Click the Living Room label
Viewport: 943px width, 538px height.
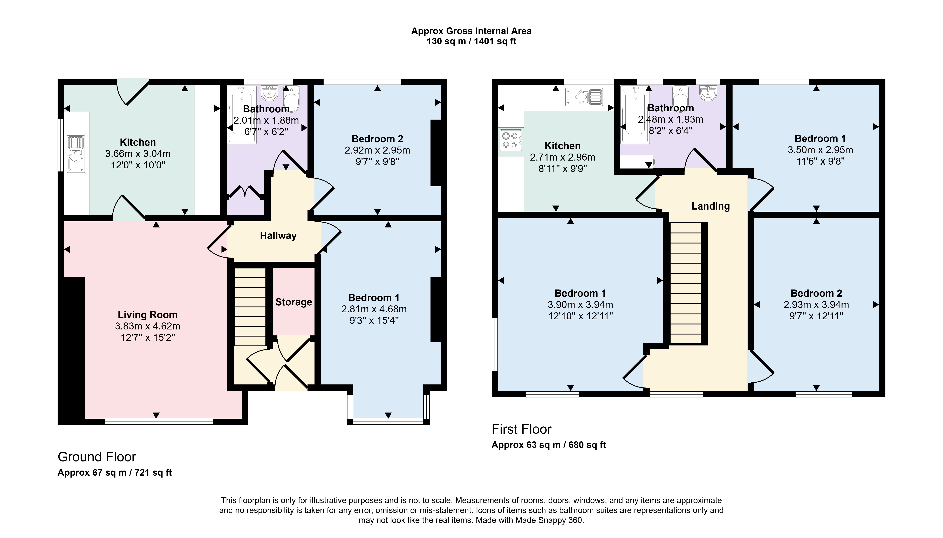coord(147,315)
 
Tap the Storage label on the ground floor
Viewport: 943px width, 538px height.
coord(293,302)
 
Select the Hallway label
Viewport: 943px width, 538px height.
coord(278,236)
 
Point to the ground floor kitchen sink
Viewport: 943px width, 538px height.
coord(76,154)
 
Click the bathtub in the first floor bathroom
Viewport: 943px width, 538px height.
coord(634,115)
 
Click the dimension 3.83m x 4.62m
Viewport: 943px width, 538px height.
coord(147,326)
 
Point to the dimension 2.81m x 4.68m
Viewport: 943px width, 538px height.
coord(374,309)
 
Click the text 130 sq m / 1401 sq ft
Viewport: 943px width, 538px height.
coord(471,41)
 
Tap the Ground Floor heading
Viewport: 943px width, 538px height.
coord(97,457)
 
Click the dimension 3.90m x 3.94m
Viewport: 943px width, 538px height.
coord(580,305)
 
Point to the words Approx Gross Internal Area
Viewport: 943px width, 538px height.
coord(471,31)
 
